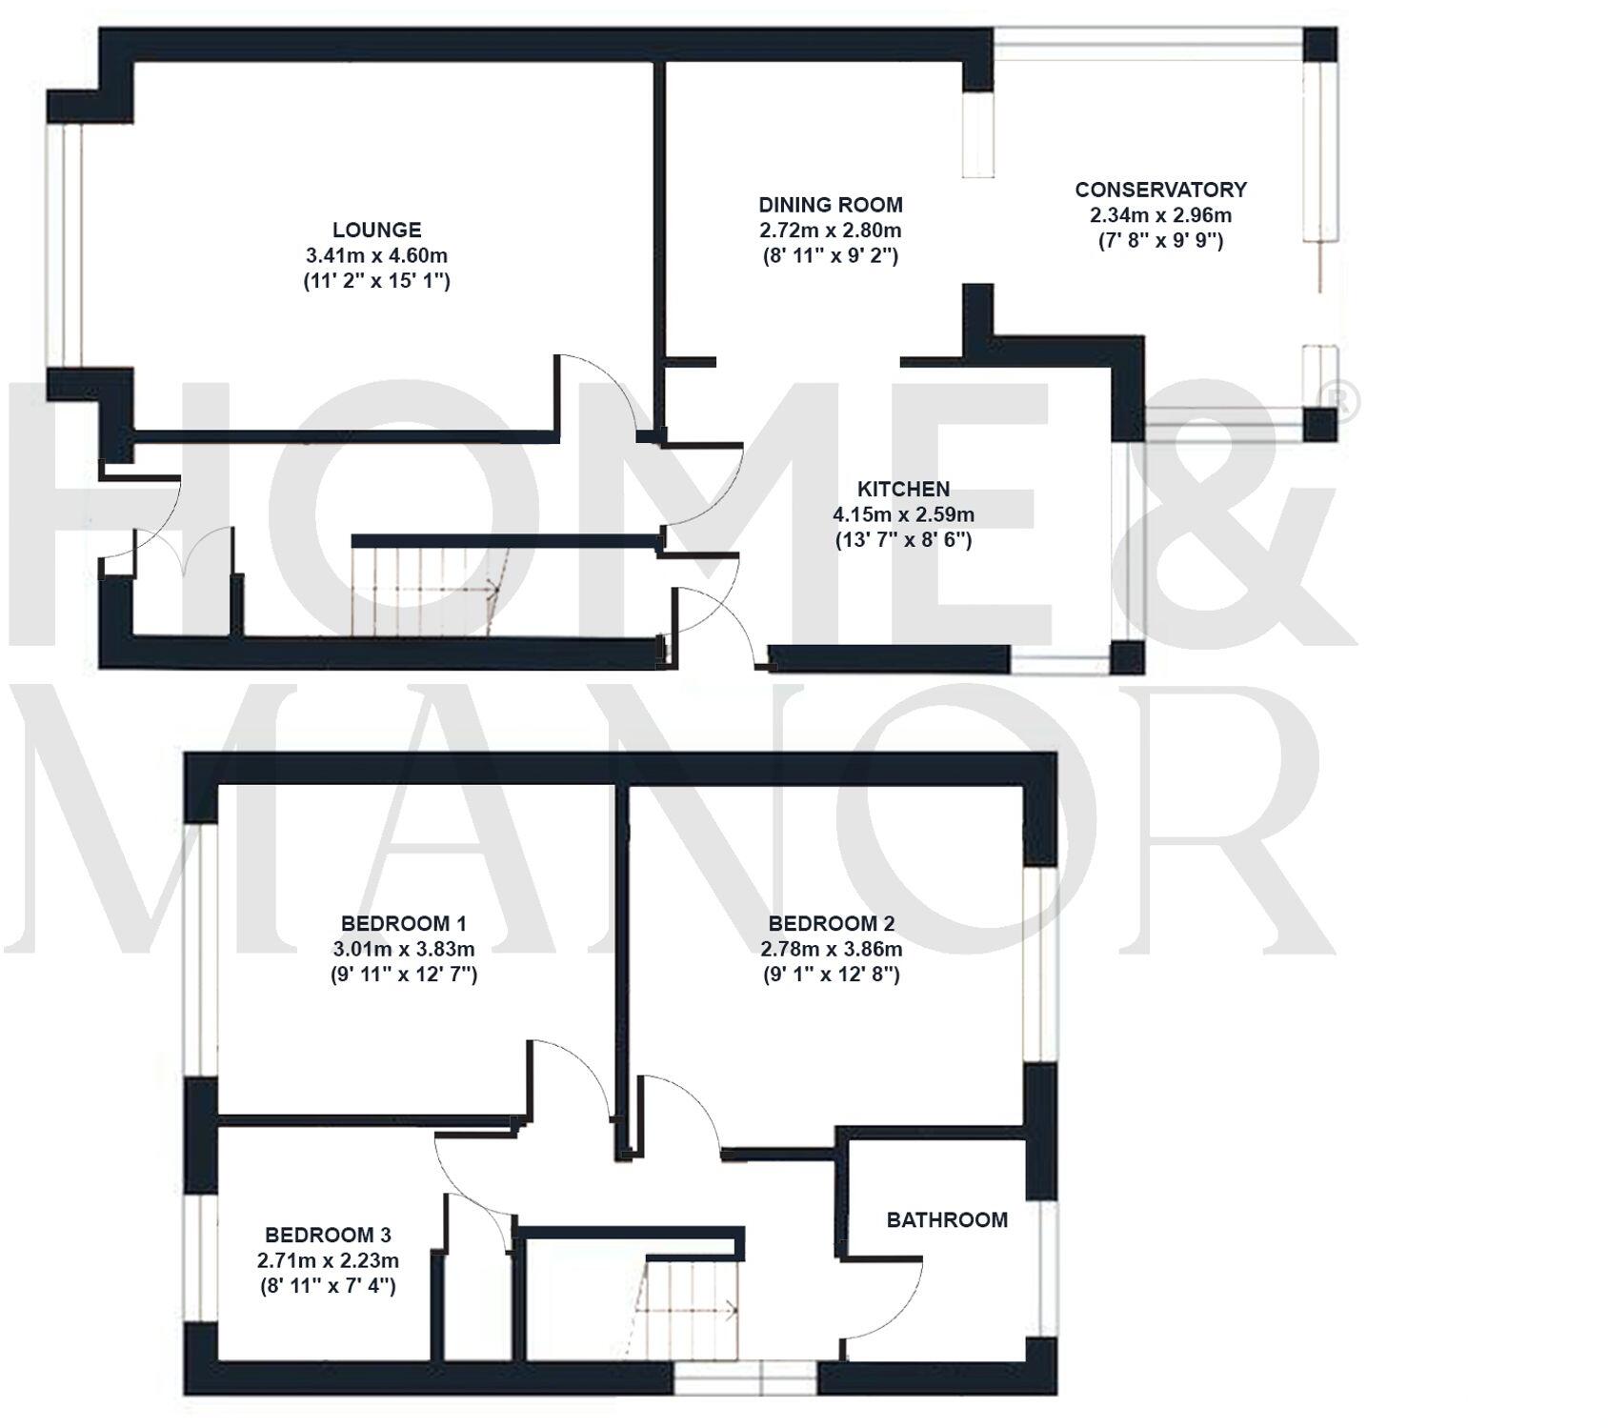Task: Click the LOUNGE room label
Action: click(x=376, y=230)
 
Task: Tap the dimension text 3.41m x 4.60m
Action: click(x=376, y=255)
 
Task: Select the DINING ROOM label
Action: click(x=830, y=204)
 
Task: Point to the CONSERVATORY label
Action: click(x=1160, y=190)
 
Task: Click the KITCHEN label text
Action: click(x=903, y=489)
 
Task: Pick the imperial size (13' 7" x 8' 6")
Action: click(x=903, y=540)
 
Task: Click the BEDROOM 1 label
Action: click(x=403, y=923)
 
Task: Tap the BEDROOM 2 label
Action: click(x=831, y=923)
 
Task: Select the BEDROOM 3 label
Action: click(x=328, y=1235)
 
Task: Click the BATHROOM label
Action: click(x=946, y=1219)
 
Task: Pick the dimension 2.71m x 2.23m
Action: click(x=328, y=1260)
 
